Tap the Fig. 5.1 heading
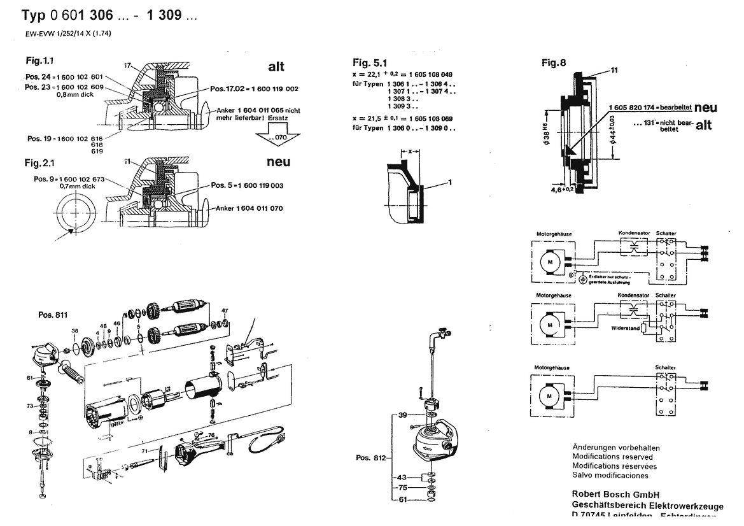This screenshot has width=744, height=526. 369,62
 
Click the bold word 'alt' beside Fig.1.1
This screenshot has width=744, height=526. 277,67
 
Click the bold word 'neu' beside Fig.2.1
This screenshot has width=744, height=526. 278,162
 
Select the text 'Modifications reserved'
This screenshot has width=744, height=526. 612,457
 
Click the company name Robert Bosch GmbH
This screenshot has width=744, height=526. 615,494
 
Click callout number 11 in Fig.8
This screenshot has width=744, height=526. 614,71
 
